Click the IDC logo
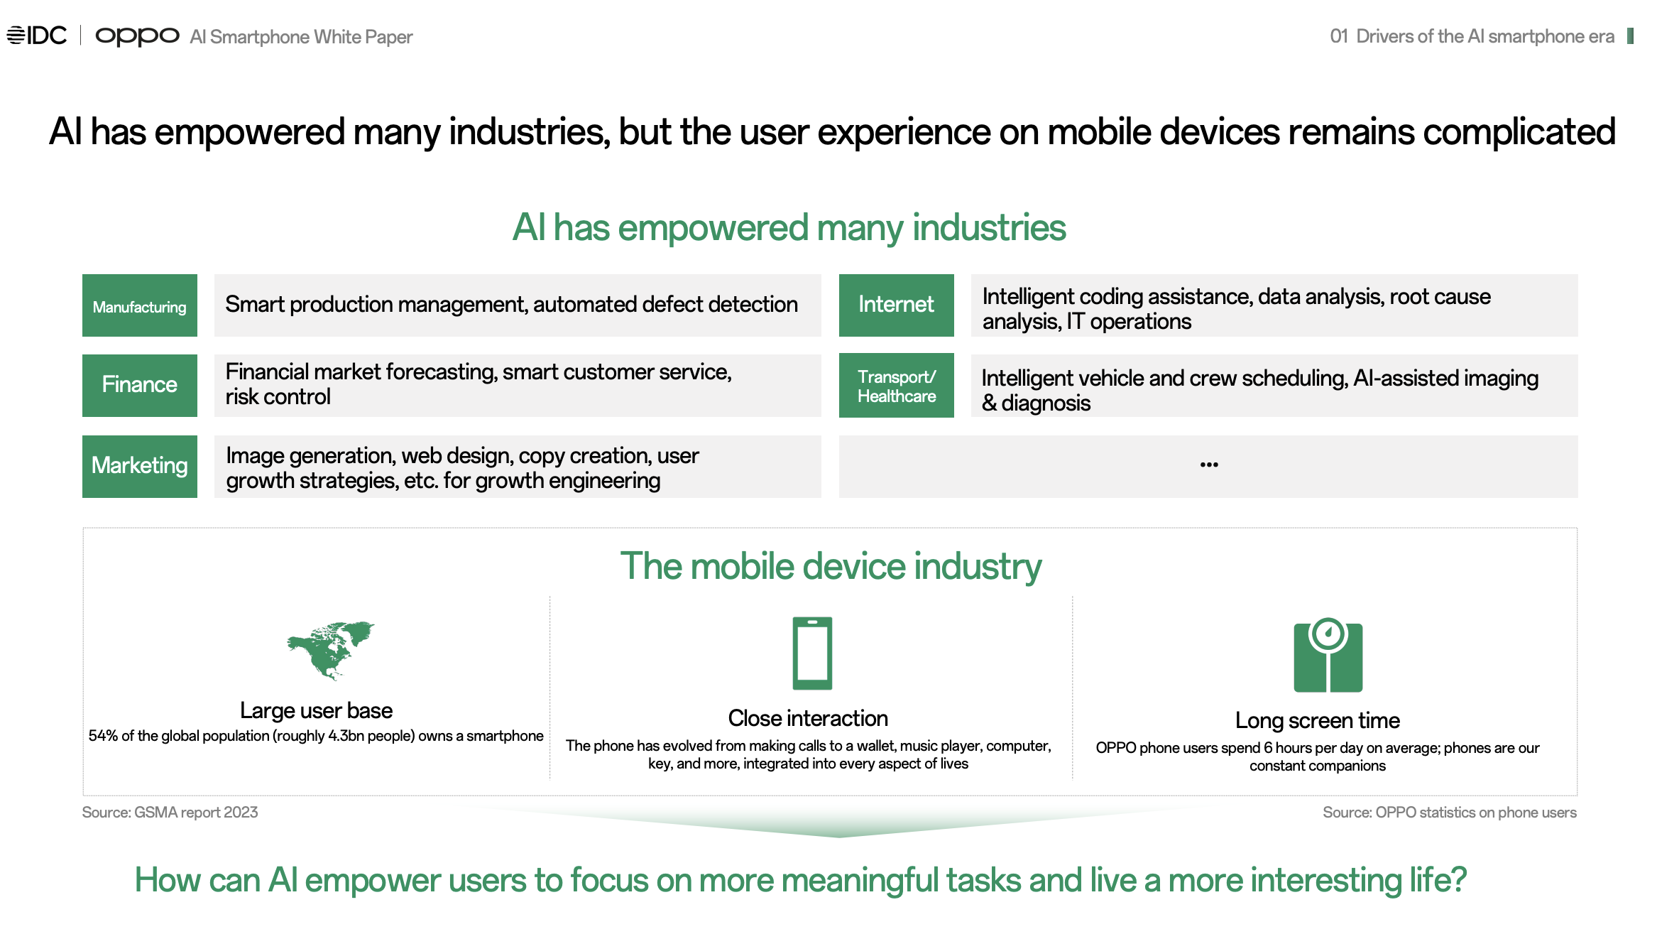(37, 35)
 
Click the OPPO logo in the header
(137, 36)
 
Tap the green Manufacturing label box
(140, 305)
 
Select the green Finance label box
(140, 385)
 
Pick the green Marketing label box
(140, 466)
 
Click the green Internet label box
(897, 305)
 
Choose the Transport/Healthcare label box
(897, 385)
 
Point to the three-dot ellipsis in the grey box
(1209, 465)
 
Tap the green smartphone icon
(812, 653)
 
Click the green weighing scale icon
(1328, 655)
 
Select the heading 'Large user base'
(316, 710)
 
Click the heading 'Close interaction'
(808, 718)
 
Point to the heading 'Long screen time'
(1318, 720)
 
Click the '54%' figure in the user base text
(103, 736)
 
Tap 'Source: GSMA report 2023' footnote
(170, 813)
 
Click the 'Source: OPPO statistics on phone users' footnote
(1450, 813)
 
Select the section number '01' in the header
(1339, 36)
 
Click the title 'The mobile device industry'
(831, 566)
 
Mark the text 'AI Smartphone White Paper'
(301, 37)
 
